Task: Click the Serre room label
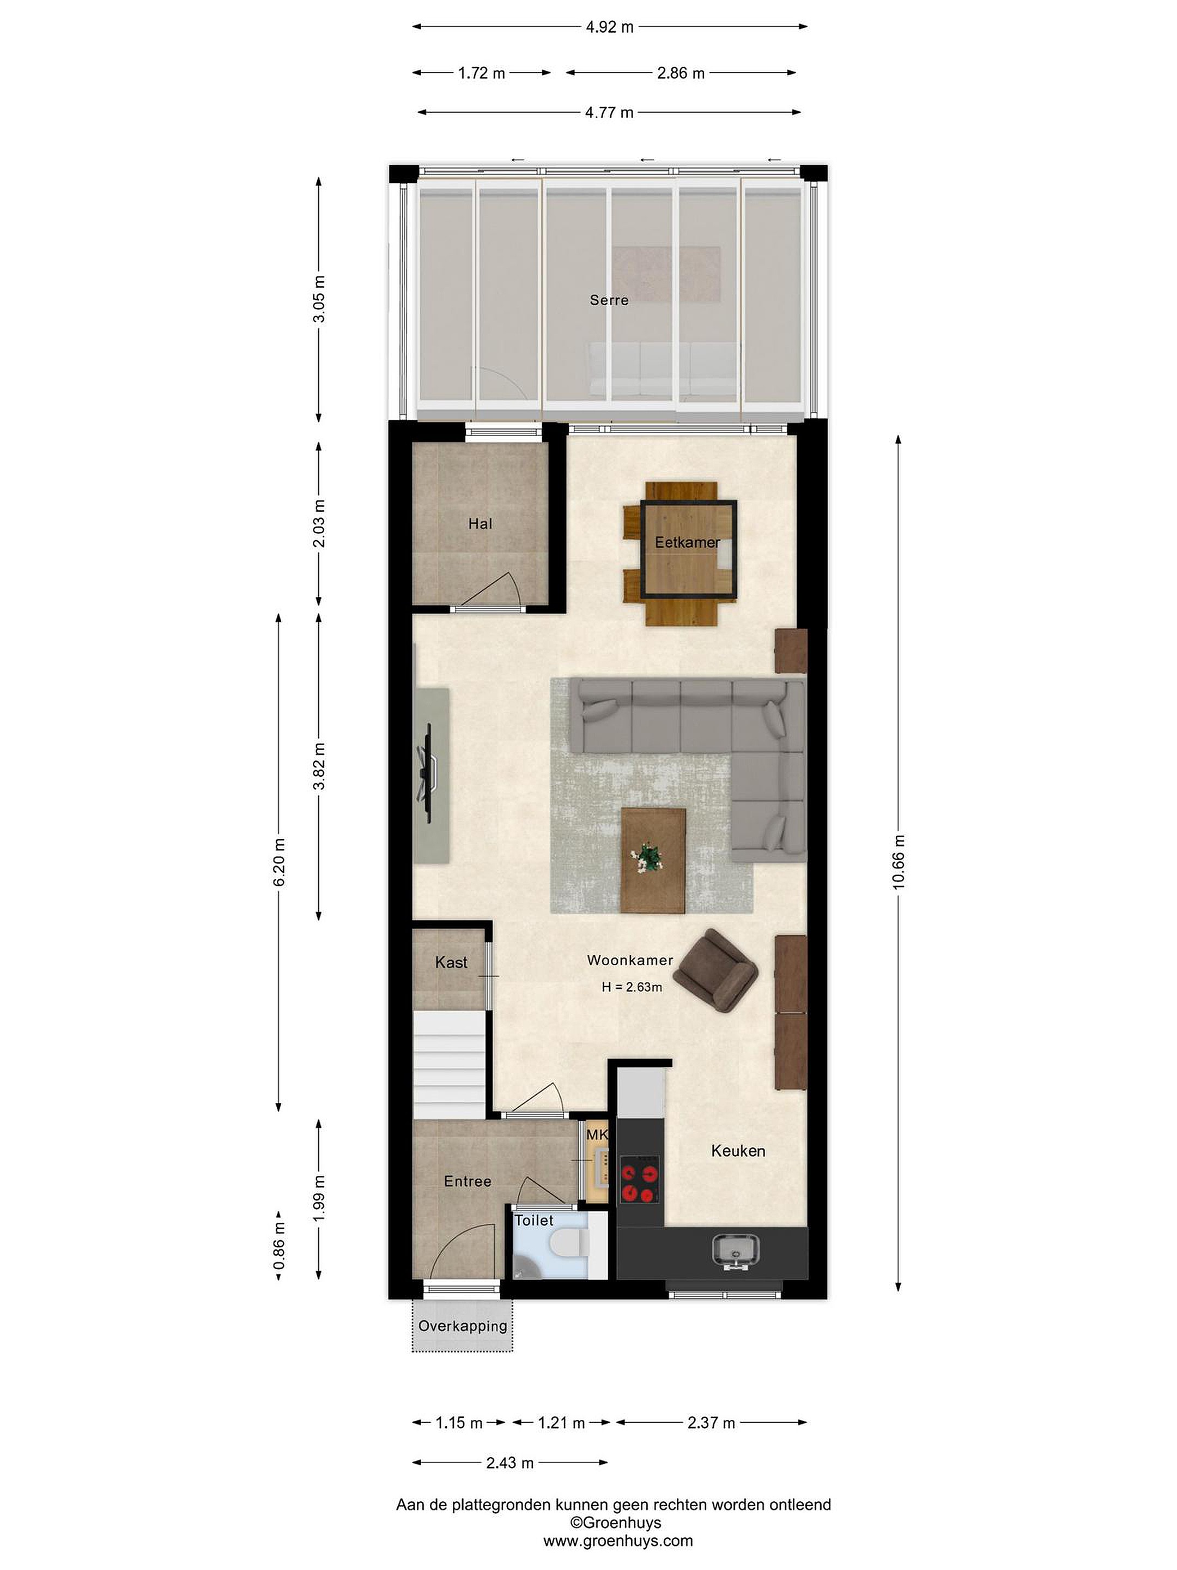tap(609, 300)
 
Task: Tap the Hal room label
tap(480, 524)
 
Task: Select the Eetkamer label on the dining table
tap(687, 542)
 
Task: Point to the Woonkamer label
tap(630, 961)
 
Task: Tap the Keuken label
tap(738, 1151)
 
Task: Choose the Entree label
tap(468, 1181)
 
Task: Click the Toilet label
tap(533, 1220)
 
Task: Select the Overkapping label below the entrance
tap(463, 1326)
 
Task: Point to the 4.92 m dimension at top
tap(609, 27)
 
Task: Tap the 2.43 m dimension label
tap(510, 1463)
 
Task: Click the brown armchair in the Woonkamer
tap(715, 970)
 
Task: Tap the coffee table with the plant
tap(653, 860)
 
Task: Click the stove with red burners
tap(639, 1180)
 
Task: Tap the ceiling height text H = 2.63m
tap(632, 987)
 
